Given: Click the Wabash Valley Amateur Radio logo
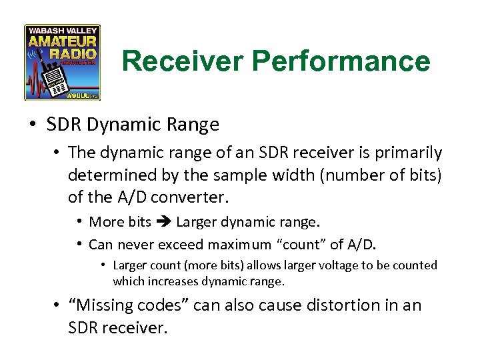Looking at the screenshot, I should [x=63, y=62].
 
